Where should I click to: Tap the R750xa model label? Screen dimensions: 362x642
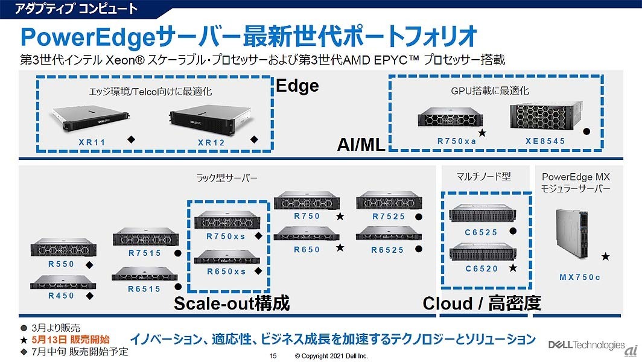tap(457, 141)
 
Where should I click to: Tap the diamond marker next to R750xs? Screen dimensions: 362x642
tap(258, 236)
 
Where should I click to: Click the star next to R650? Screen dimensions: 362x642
tap(340, 247)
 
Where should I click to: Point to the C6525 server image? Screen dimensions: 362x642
tap(477, 215)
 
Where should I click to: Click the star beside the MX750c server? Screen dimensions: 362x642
tap(605, 256)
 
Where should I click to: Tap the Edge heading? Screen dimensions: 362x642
tap(297, 86)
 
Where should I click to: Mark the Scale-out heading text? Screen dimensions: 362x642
tap(232, 303)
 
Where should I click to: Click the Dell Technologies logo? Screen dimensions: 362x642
tap(586, 345)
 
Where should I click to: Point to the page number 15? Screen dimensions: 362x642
tap(273, 356)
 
